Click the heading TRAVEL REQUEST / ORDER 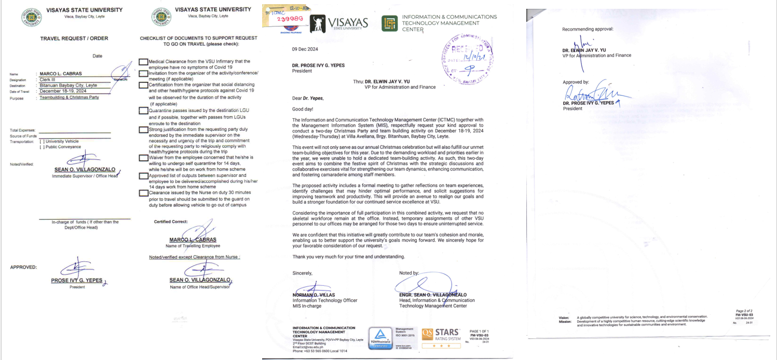pyautogui.click(x=74, y=38)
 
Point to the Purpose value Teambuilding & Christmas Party pyautogui.click(x=69, y=98)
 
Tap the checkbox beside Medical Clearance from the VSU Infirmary pyautogui.click(x=143, y=62)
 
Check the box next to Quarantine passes pyautogui.click(x=143, y=110)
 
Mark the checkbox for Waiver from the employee pyautogui.click(x=143, y=158)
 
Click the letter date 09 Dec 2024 pyautogui.click(x=305, y=49)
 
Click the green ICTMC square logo pyautogui.click(x=389, y=23)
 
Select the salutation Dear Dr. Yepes pyautogui.click(x=310, y=98)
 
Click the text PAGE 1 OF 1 pyautogui.click(x=479, y=331)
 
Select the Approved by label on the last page pyautogui.click(x=576, y=82)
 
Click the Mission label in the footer pyautogui.click(x=566, y=322)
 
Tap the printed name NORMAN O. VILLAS pyautogui.click(x=313, y=295)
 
